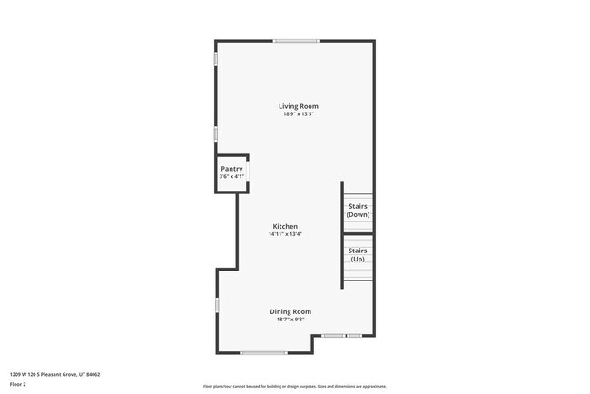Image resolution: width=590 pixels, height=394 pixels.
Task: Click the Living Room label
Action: [298, 106]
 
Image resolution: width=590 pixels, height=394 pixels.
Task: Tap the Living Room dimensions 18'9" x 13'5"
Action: [298, 114]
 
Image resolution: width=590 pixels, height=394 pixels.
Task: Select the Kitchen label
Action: [285, 226]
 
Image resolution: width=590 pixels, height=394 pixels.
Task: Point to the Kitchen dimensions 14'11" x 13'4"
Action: [285, 234]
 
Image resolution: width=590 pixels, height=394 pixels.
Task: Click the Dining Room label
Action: [290, 311]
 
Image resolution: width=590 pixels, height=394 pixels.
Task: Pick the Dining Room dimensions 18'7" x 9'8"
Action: [290, 320]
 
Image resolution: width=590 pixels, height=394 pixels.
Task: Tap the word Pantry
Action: [231, 169]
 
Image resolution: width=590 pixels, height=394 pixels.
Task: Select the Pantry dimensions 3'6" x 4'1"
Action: [231, 176]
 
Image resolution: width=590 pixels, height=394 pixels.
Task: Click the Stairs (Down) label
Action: [358, 211]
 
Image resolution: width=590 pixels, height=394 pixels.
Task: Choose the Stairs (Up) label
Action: [358, 254]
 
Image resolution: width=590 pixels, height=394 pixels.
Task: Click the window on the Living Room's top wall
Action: [297, 41]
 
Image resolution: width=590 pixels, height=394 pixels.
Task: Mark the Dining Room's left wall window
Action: [216, 306]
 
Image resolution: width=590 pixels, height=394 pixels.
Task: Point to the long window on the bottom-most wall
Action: [264, 352]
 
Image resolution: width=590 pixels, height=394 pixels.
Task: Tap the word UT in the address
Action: [82, 373]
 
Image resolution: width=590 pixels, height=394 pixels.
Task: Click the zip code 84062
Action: [93, 373]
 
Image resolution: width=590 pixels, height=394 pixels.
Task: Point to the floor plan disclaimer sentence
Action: [294, 386]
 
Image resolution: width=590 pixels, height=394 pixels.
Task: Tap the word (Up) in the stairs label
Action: [358, 259]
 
